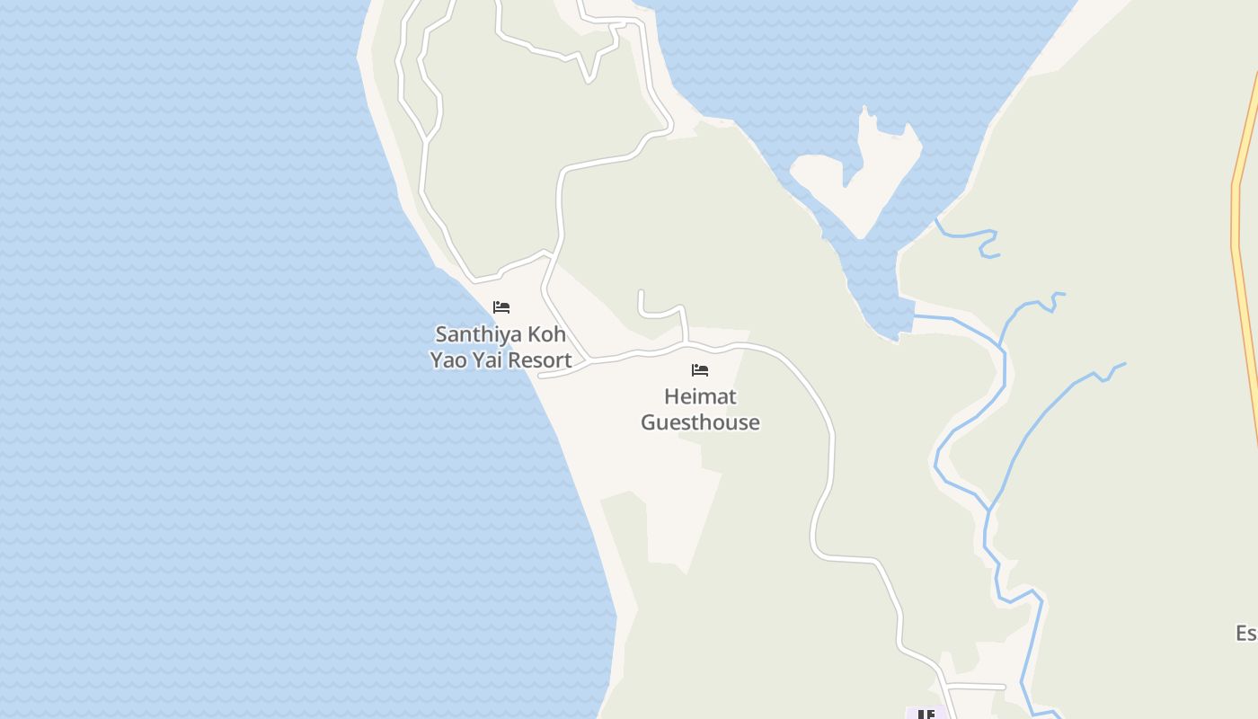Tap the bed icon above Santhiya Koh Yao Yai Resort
click(x=501, y=307)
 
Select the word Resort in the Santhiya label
click(x=537, y=360)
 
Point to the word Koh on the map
click(x=546, y=334)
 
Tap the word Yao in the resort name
click(x=447, y=360)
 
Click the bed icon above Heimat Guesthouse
click(x=700, y=370)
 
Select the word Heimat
click(x=700, y=396)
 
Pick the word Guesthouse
click(x=700, y=422)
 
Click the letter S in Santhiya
click(x=441, y=334)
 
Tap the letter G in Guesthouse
click(x=648, y=422)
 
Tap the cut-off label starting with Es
click(x=1246, y=633)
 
